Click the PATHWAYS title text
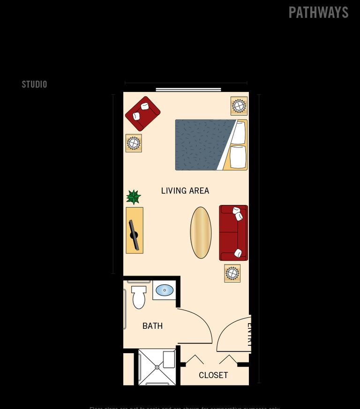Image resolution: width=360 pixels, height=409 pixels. pos(318,13)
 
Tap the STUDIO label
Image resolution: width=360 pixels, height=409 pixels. pos(34,84)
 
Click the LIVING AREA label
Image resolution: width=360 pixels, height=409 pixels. pos(185,191)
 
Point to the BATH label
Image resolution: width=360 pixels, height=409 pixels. pos(152,326)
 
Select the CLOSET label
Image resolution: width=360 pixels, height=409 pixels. pos(213,375)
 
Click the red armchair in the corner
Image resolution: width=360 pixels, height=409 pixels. pos(142,114)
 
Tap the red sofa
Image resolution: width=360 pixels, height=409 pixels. pos(233,233)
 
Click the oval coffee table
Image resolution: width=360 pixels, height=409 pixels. pos(201,233)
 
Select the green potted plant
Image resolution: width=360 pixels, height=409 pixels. pos(134,197)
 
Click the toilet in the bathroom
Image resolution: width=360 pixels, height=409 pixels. pos(139,297)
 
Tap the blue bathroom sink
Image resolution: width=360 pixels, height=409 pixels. pos(165,290)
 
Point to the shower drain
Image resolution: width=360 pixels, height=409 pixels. pos(157,367)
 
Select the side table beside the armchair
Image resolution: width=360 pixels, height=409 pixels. pos(134,143)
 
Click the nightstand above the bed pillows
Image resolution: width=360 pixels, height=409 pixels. pos(239,106)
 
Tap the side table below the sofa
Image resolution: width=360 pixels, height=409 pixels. pos(232,273)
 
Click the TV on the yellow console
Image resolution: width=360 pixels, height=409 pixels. pos(135,235)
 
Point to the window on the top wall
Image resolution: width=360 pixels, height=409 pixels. pos(188,90)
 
